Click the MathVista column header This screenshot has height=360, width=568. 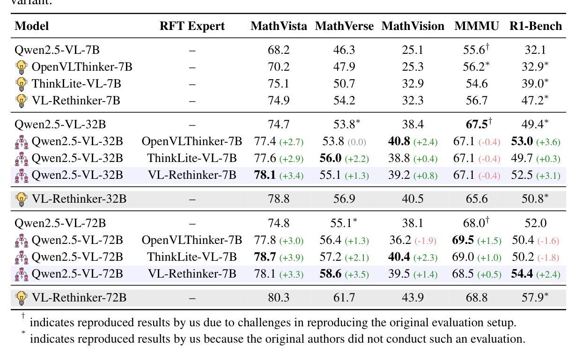coord(279,26)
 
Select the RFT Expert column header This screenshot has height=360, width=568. coord(192,26)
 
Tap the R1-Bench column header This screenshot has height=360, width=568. coord(536,26)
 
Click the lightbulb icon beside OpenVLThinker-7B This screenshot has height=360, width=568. coord(22,67)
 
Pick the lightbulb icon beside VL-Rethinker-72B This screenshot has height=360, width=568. coord(22,298)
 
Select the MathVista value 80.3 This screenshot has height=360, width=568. coord(279,298)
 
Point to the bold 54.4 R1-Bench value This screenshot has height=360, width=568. coord(522,274)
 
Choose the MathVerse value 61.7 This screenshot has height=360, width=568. coord(344,298)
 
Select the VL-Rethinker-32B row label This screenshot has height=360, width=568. coord(79,199)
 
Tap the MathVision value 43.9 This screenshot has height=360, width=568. coord(413,298)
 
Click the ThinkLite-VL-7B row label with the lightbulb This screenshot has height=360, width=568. coord(76,84)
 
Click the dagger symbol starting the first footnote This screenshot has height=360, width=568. coord(22,317)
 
